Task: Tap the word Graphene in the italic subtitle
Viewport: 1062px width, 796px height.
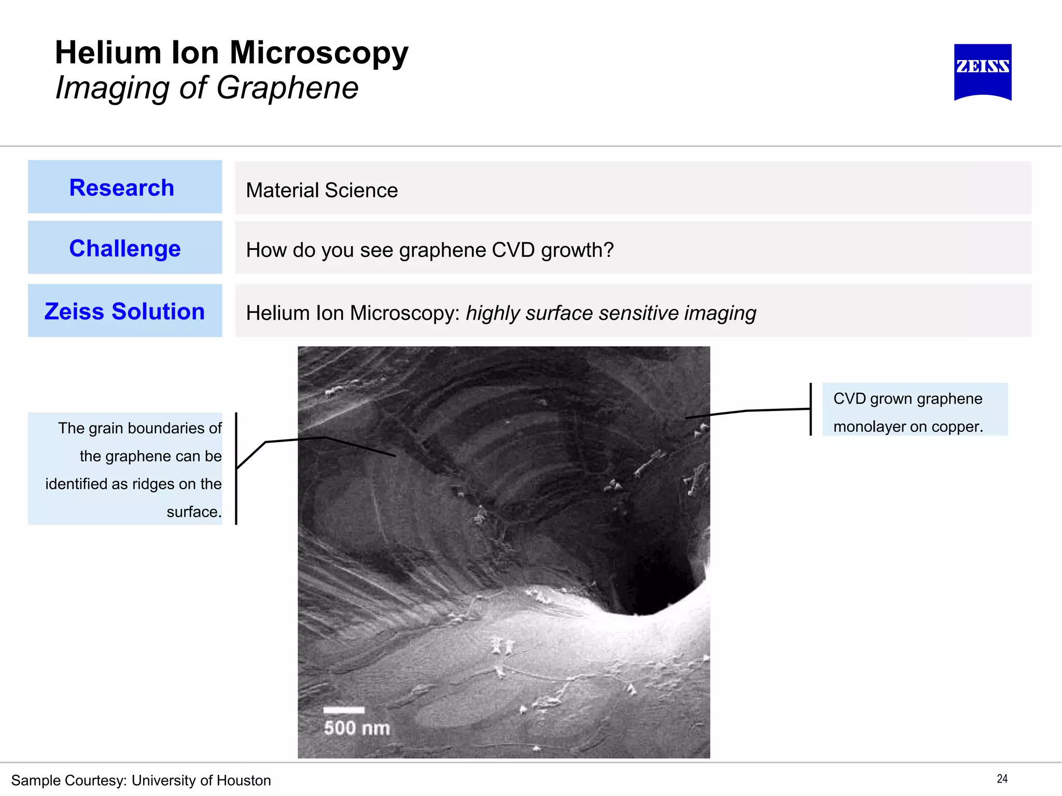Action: (x=287, y=88)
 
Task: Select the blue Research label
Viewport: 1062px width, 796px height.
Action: (x=122, y=188)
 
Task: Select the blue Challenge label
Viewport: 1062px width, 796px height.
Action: (x=125, y=248)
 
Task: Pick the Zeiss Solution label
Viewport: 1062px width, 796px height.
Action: (x=124, y=311)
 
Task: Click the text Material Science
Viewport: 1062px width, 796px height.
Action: (x=322, y=190)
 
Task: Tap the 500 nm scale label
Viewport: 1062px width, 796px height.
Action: (x=357, y=728)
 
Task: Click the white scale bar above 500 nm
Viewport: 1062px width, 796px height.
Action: (x=344, y=710)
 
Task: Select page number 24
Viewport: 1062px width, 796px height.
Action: (x=1002, y=778)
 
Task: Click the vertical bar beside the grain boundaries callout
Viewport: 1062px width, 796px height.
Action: (x=236, y=468)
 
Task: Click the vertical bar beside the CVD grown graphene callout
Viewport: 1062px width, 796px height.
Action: (x=811, y=409)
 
